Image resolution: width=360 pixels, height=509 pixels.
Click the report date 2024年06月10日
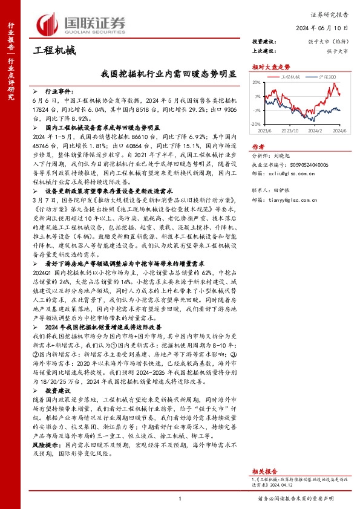(330, 28)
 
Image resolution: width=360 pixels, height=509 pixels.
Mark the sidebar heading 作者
(258, 146)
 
